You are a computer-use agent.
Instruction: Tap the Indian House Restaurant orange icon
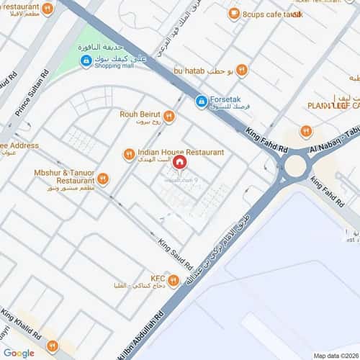click(x=129, y=153)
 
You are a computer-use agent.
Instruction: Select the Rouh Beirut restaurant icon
click(x=169, y=115)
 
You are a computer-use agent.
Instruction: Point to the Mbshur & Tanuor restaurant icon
click(x=103, y=178)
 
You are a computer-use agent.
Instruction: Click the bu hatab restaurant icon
click(x=242, y=70)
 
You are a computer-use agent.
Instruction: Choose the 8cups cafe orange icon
click(x=233, y=13)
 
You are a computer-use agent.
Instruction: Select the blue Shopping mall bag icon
click(x=86, y=63)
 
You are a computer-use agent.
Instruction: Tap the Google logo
click(x=19, y=353)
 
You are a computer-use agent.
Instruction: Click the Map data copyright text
click(x=336, y=355)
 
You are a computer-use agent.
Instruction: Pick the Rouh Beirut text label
click(x=140, y=112)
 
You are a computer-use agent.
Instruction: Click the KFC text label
click(x=158, y=276)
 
